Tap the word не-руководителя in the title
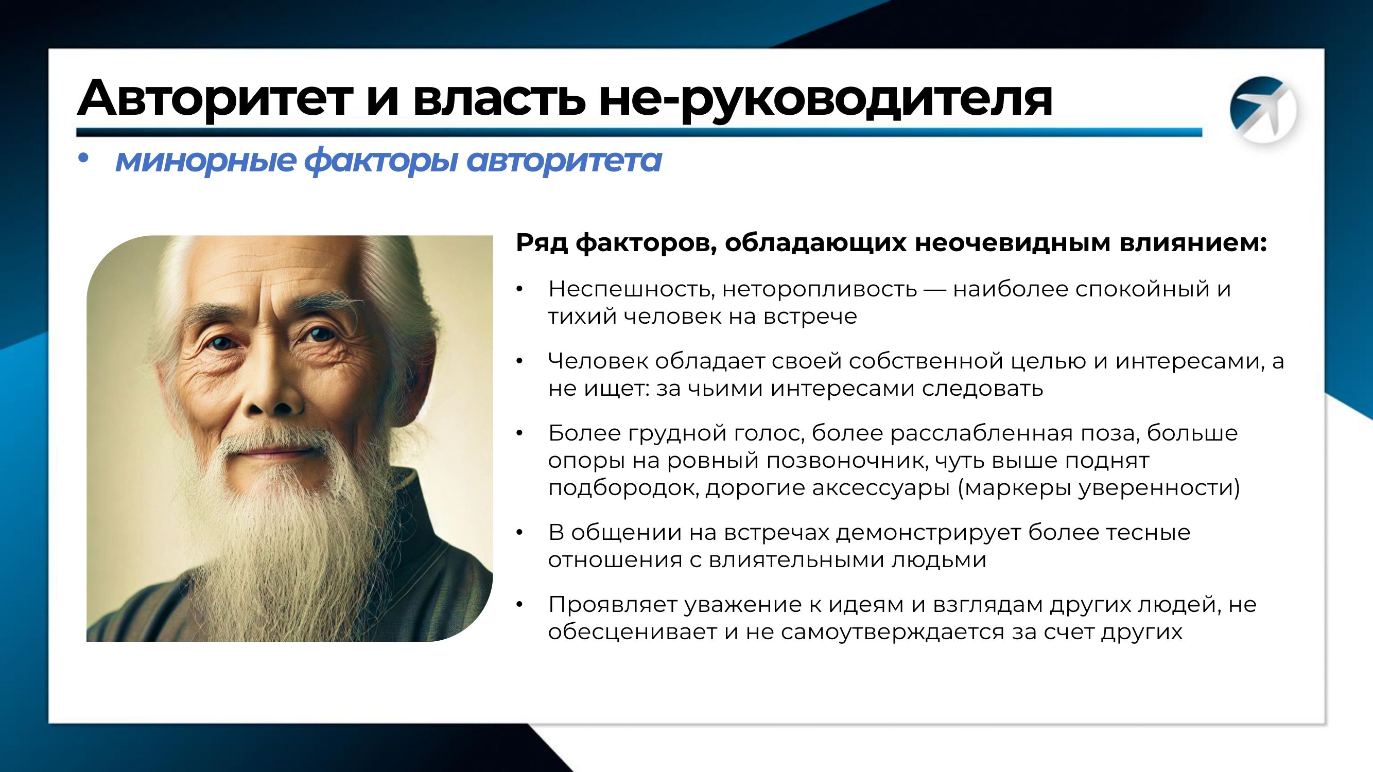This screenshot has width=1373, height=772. (826, 100)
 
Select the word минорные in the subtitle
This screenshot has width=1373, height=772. (206, 161)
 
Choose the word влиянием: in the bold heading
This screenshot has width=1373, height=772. (1193, 243)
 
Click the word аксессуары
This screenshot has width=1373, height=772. (881, 488)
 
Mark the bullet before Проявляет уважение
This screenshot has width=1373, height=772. (519, 605)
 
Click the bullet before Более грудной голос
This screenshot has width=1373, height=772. (519, 433)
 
